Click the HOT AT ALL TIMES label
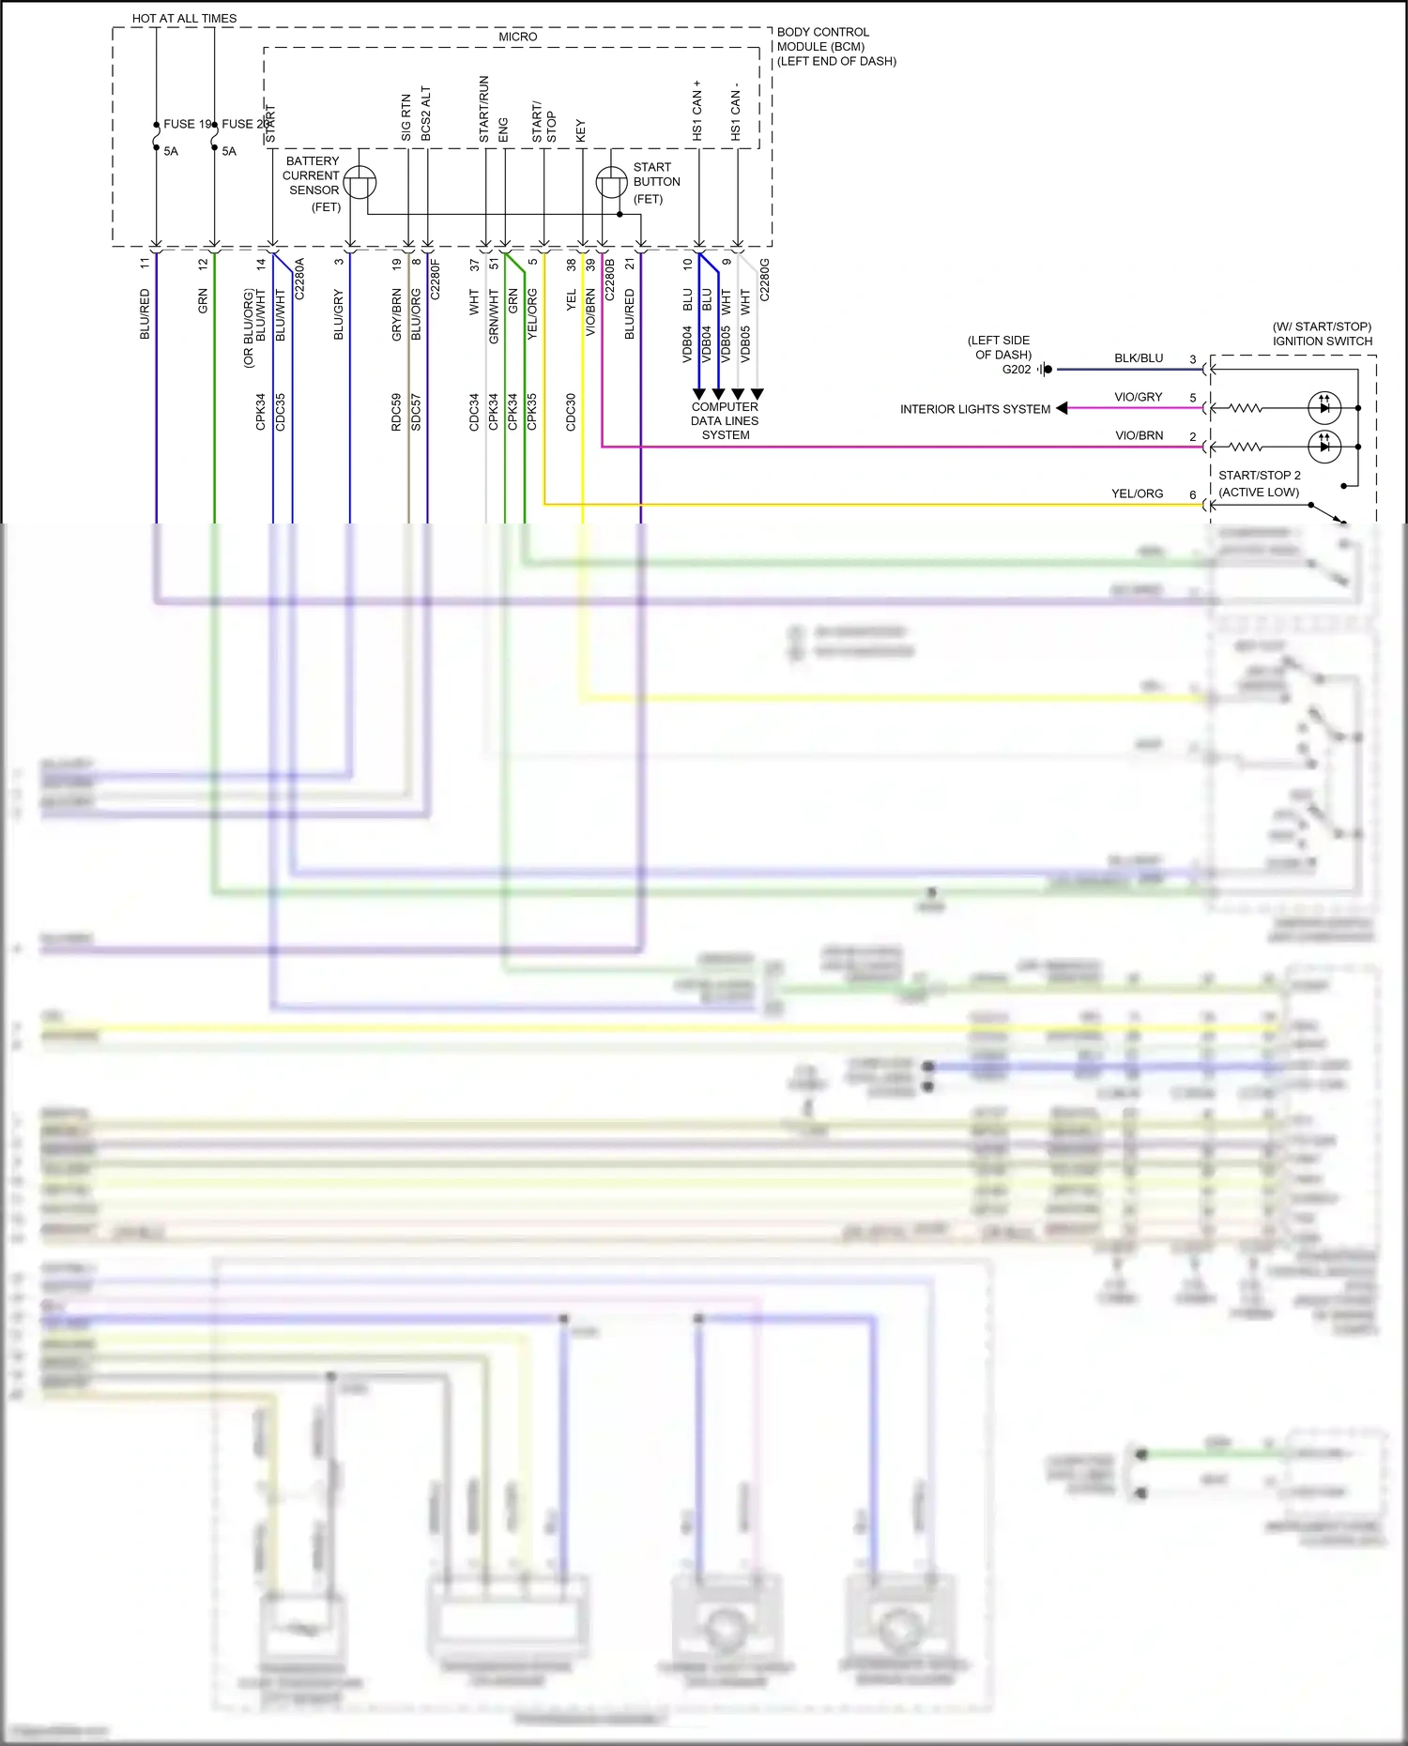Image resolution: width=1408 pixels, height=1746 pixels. (x=184, y=18)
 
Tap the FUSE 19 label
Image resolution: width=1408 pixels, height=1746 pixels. (x=187, y=124)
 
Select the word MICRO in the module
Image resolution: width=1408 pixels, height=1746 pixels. (x=517, y=37)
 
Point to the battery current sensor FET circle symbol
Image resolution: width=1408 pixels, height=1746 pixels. (x=360, y=182)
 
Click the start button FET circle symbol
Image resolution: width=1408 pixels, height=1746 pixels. (x=611, y=182)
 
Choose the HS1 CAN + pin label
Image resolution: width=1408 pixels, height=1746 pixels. (x=697, y=111)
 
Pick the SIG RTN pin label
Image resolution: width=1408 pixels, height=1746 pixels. (x=406, y=117)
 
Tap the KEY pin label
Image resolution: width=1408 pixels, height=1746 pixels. (x=581, y=130)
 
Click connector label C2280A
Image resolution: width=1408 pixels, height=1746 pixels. (x=300, y=279)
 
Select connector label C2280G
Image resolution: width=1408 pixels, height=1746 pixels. (x=765, y=280)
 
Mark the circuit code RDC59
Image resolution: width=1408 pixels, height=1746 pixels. (x=397, y=412)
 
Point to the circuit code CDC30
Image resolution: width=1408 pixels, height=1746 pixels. (x=572, y=412)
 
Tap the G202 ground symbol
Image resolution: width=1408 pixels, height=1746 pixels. (x=1046, y=370)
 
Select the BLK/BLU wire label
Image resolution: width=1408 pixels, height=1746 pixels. (x=1139, y=358)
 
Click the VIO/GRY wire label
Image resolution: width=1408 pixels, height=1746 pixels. (x=1139, y=397)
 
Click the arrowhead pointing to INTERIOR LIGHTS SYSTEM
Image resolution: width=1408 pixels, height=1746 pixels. (x=1062, y=408)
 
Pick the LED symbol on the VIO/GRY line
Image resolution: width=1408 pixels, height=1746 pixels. (x=1324, y=408)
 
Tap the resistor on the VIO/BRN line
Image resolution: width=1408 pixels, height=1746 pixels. (x=1247, y=447)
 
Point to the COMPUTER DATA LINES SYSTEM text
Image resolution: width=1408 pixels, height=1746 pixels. (x=726, y=420)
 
